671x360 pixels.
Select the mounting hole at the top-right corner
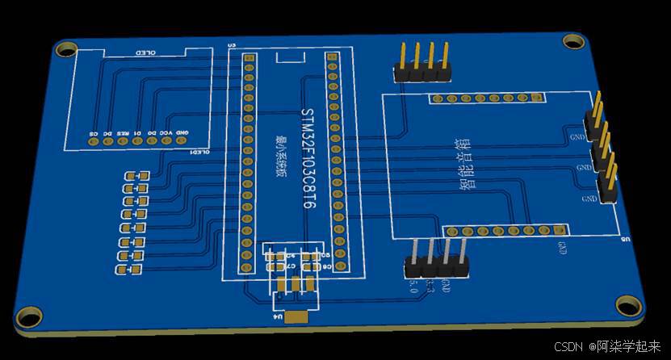tap(572, 40)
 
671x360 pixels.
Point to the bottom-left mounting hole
tap(28, 316)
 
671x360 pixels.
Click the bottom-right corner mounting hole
tap(628, 305)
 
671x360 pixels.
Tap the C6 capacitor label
tap(327, 266)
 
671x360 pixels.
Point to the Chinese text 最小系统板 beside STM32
tap(281, 157)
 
